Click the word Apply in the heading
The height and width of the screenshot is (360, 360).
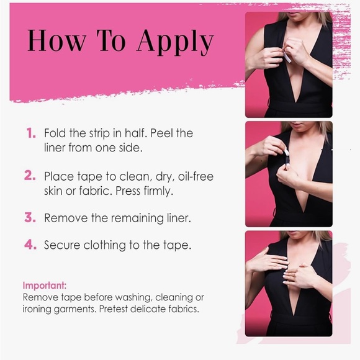pos(175,42)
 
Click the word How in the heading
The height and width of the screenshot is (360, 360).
pos(56,40)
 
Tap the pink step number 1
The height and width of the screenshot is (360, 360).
pos(31,133)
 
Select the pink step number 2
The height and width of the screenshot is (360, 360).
pos(30,176)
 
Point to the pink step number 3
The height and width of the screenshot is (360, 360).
pos(30,217)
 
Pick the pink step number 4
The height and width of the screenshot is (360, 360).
pos(30,245)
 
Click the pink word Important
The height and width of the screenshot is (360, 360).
pos(45,286)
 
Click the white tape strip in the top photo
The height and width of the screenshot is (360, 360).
pos(287,56)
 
